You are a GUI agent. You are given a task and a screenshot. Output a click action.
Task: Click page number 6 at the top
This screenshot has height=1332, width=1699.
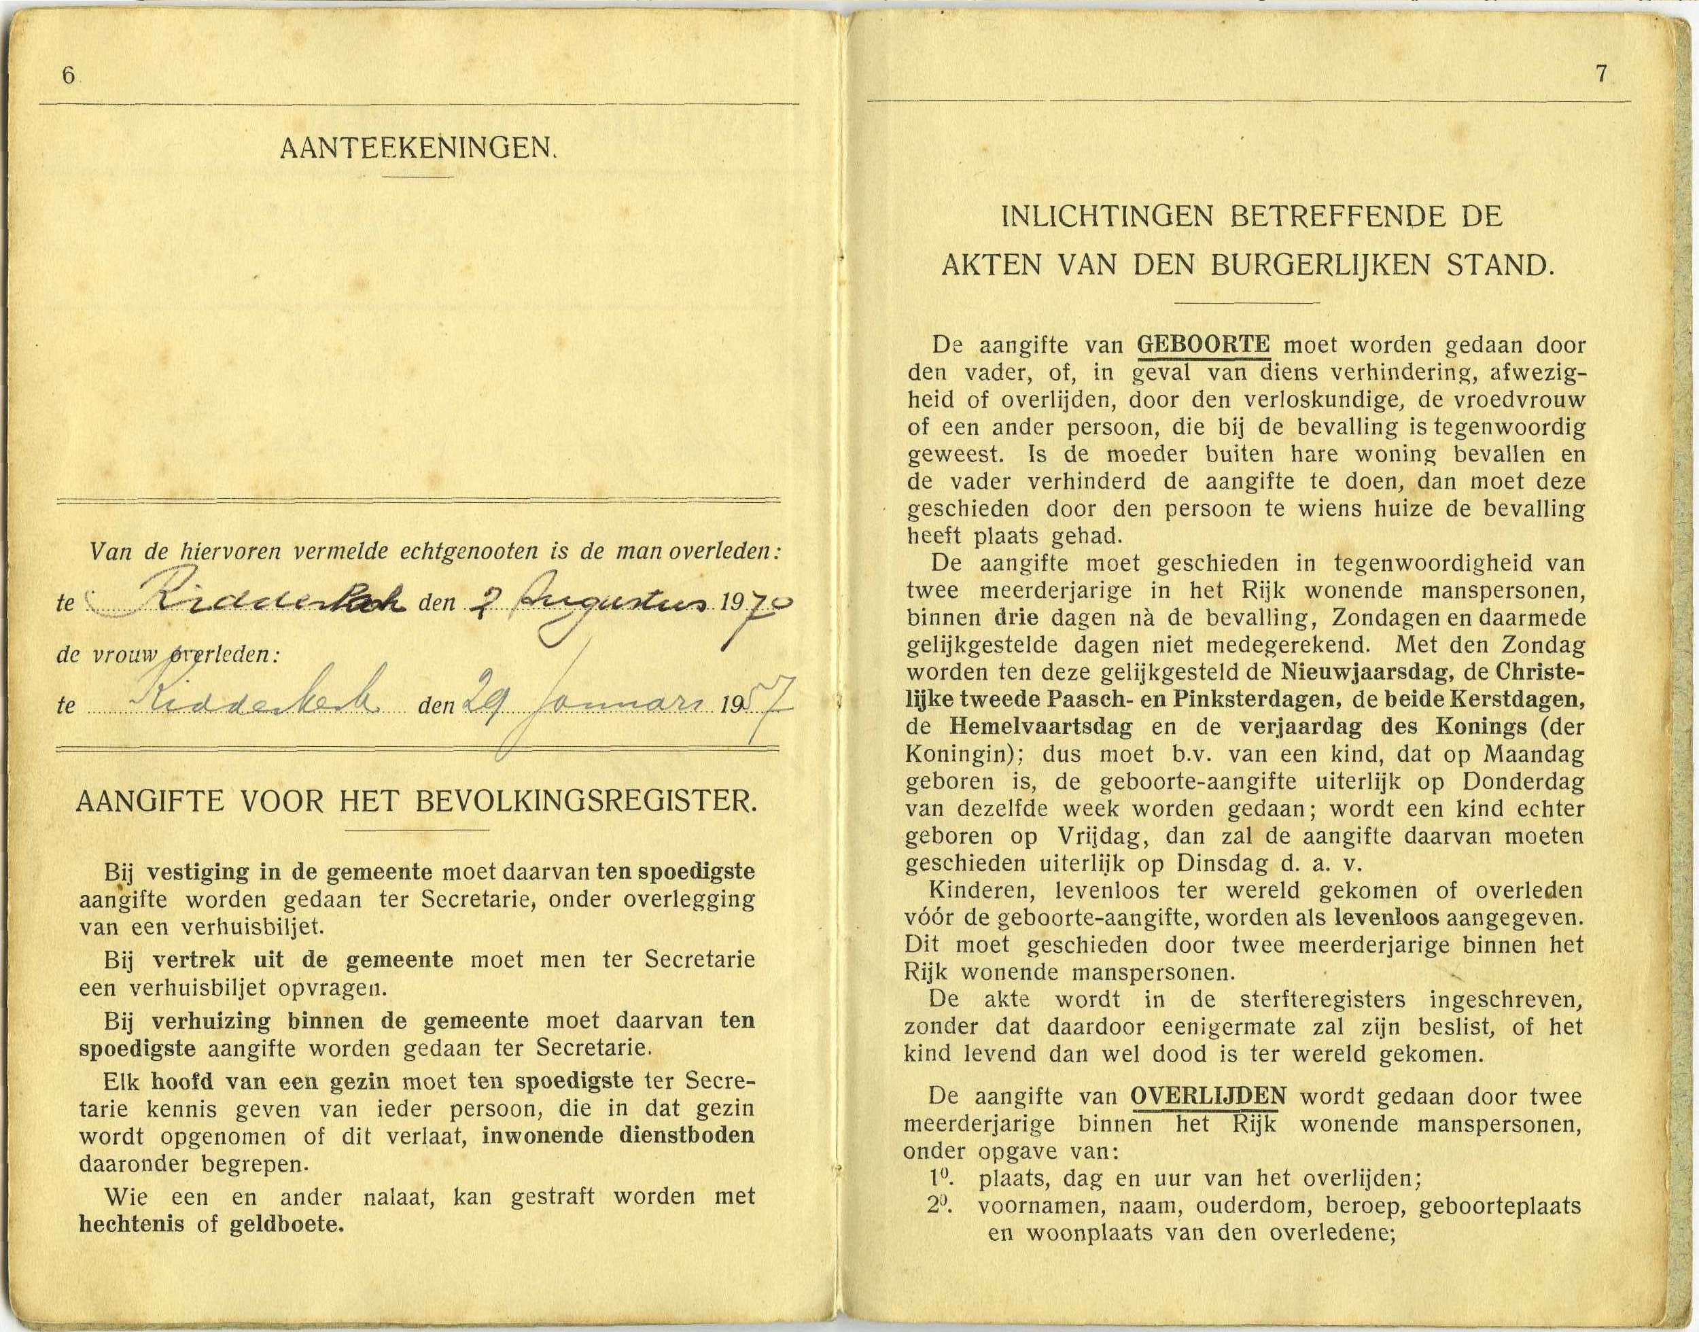point(69,75)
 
